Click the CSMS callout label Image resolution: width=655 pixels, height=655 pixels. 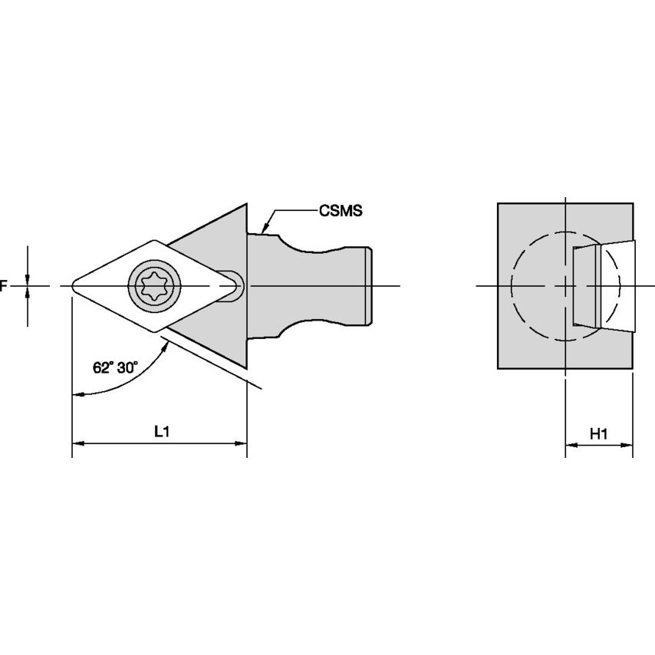pyautogui.click(x=340, y=209)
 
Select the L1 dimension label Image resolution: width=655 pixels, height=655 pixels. pyautogui.click(x=161, y=432)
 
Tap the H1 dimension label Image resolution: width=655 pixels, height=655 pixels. pyautogui.click(x=599, y=434)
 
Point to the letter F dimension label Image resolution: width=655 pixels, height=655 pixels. pyautogui.click(x=3, y=286)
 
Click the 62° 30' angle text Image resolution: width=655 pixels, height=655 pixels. pyautogui.click(x=115, y=367)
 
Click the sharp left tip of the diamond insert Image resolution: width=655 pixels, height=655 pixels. pyautogui.click(x=74, y=286)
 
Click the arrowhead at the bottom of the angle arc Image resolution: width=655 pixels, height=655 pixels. pyautogui.click(x=77, y=394)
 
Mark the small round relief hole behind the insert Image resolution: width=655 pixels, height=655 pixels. pyautogui.click(x=235, y=286)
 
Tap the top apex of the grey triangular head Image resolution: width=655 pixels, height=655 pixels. pyautogui.click(x=246, y=205)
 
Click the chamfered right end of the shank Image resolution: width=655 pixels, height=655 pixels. pyautogui.click(x=370, y=286)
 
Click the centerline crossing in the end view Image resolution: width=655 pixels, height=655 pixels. pyautogui.click(x=565, y=286)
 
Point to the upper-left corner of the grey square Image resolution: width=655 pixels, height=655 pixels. pyautogui.click(x=499, y=204)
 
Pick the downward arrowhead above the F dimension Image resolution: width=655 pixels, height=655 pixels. pyautogui.click(x=28, y=278)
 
